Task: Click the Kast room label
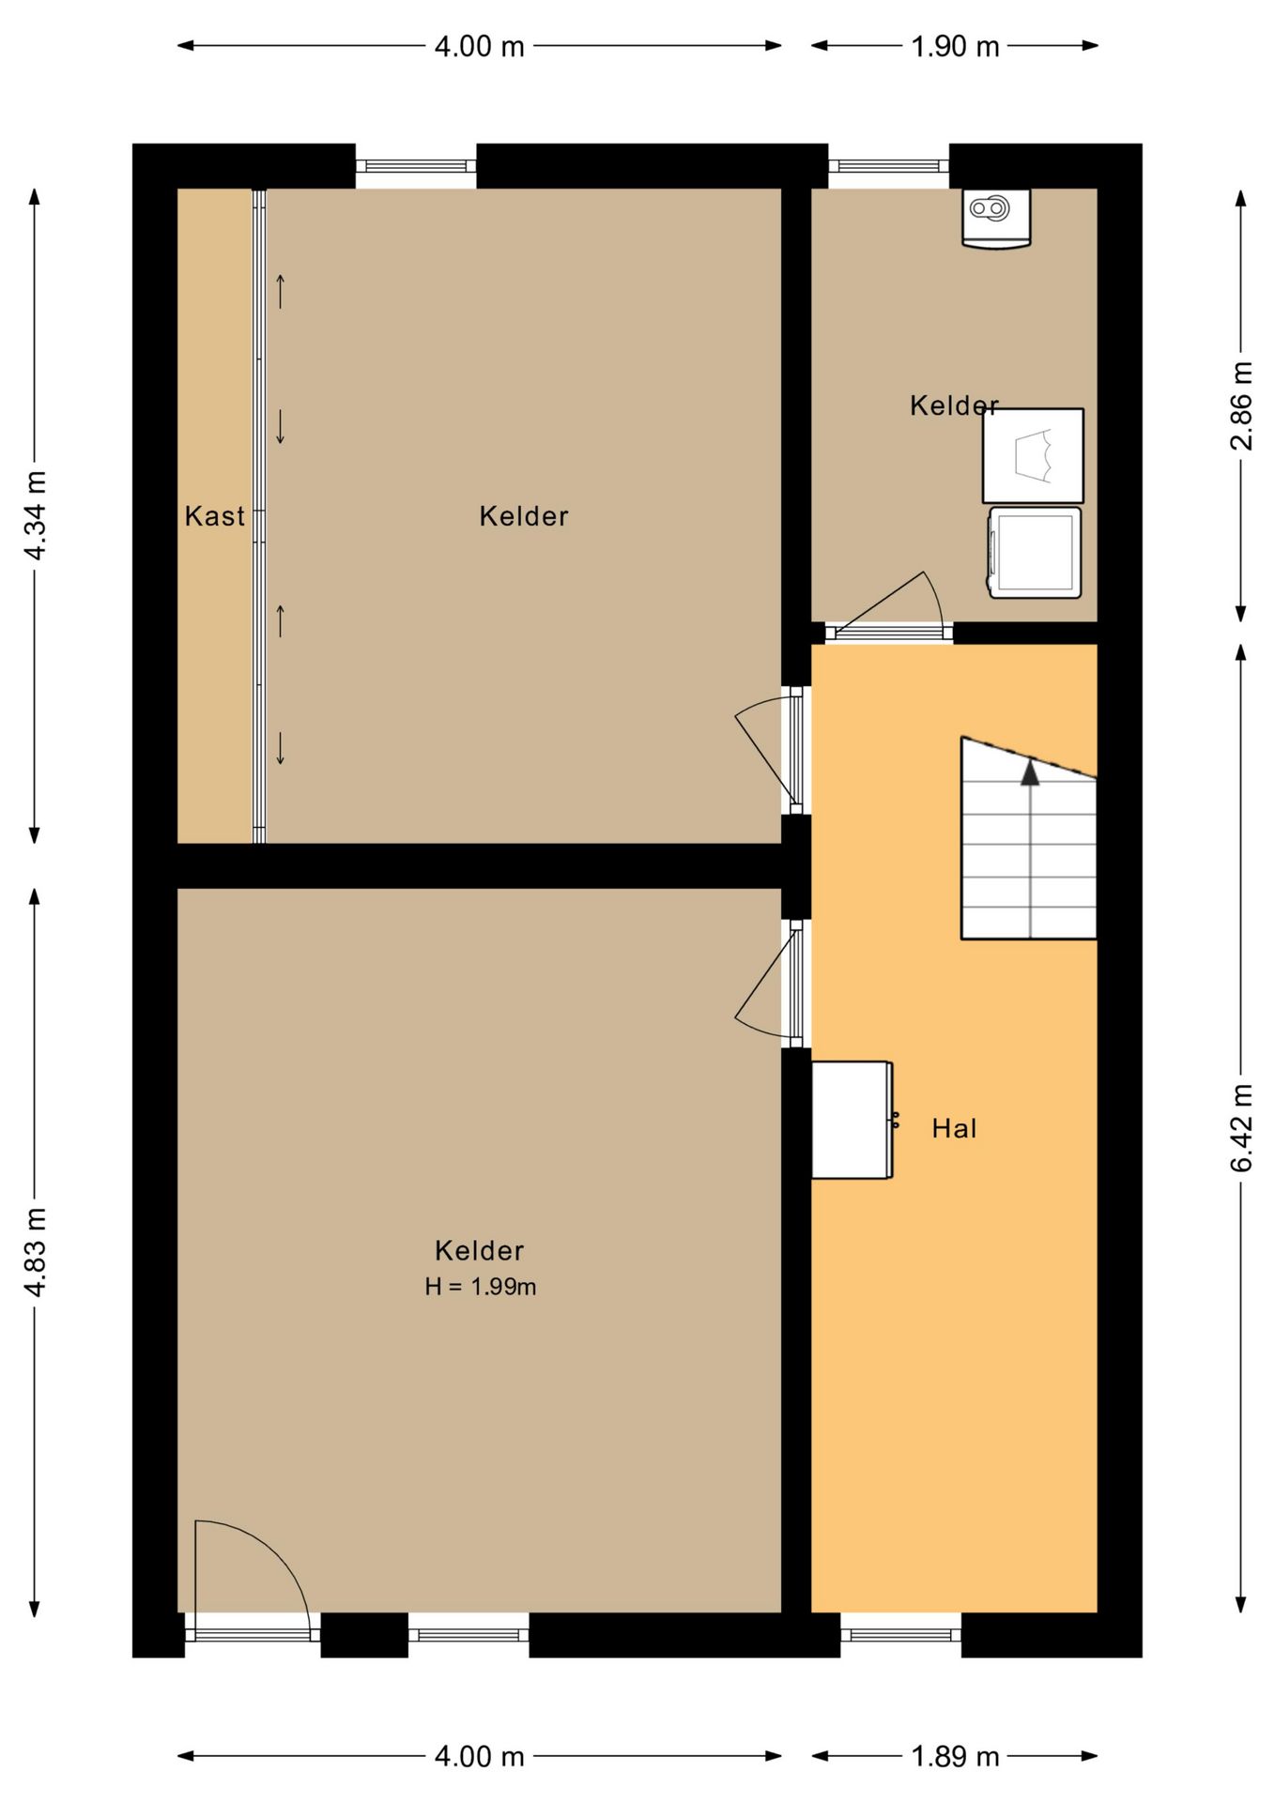coord(214,516)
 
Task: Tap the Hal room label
coord(954,1128)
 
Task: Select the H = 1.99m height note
coord(480,1287)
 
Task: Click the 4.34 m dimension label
coord(35,515)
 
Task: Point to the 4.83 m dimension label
coord(35,1253)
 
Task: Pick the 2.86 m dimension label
coord(1241,405)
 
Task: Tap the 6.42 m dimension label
coord(1241,1128)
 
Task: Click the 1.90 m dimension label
coord(955,46)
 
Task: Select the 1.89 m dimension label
coord(955,1757)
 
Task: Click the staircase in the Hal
coord(1029,838)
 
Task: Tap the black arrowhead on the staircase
coord(1030,772)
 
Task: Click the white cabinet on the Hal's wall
coord(853,1120)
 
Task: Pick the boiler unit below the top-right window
coord(996,218)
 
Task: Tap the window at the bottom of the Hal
coord(900,1635)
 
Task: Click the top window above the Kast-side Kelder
coord(416,166)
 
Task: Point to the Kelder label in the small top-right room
coord(954,405)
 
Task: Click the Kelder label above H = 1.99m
coord(479,1250)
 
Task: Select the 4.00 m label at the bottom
coord(479,1757)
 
